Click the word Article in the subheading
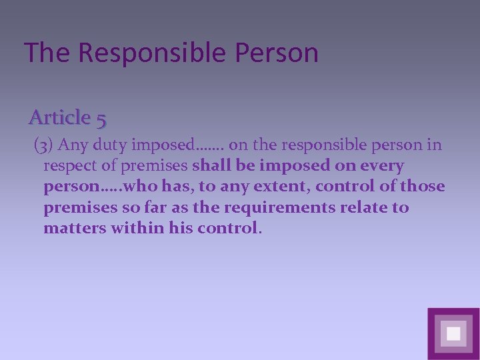[x=59, y=117]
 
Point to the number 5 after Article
[x=101, y=119]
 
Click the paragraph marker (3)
[x=43, y=145]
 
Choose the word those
[x=423, y=187]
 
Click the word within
[x=130, y=228]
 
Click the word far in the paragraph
[x=151, y=207]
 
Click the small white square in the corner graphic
[x=453, y=333]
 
